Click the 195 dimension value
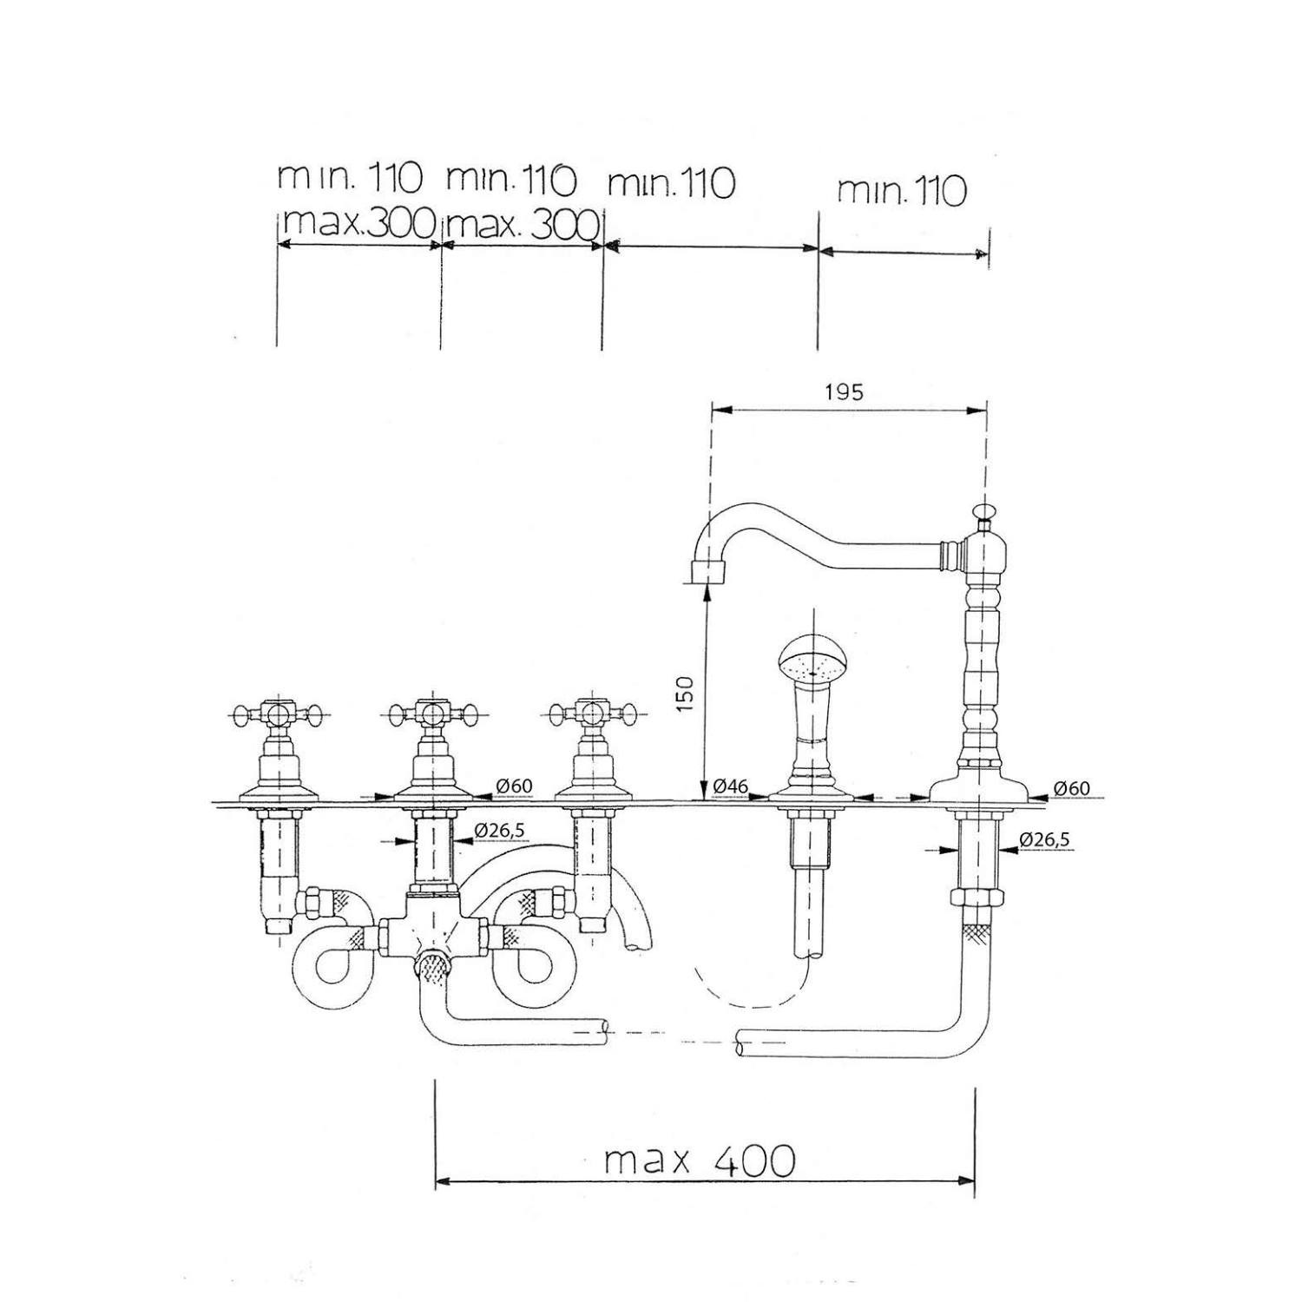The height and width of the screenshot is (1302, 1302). (x=844, y=392)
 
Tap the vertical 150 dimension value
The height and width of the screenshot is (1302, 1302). (x=685, y=693)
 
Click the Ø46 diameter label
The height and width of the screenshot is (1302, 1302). (x=730, y=786)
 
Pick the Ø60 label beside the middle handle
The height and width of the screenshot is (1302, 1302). (x=514, y=786)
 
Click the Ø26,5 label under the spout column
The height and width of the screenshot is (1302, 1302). (x=1044, y=839)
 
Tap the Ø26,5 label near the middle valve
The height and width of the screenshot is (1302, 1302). (x=500, y=831)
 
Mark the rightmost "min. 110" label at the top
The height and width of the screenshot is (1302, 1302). (x=901, y=190)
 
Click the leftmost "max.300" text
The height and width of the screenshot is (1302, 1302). (x=358, y=225)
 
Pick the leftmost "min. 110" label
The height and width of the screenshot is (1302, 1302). (x=349, y=179)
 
